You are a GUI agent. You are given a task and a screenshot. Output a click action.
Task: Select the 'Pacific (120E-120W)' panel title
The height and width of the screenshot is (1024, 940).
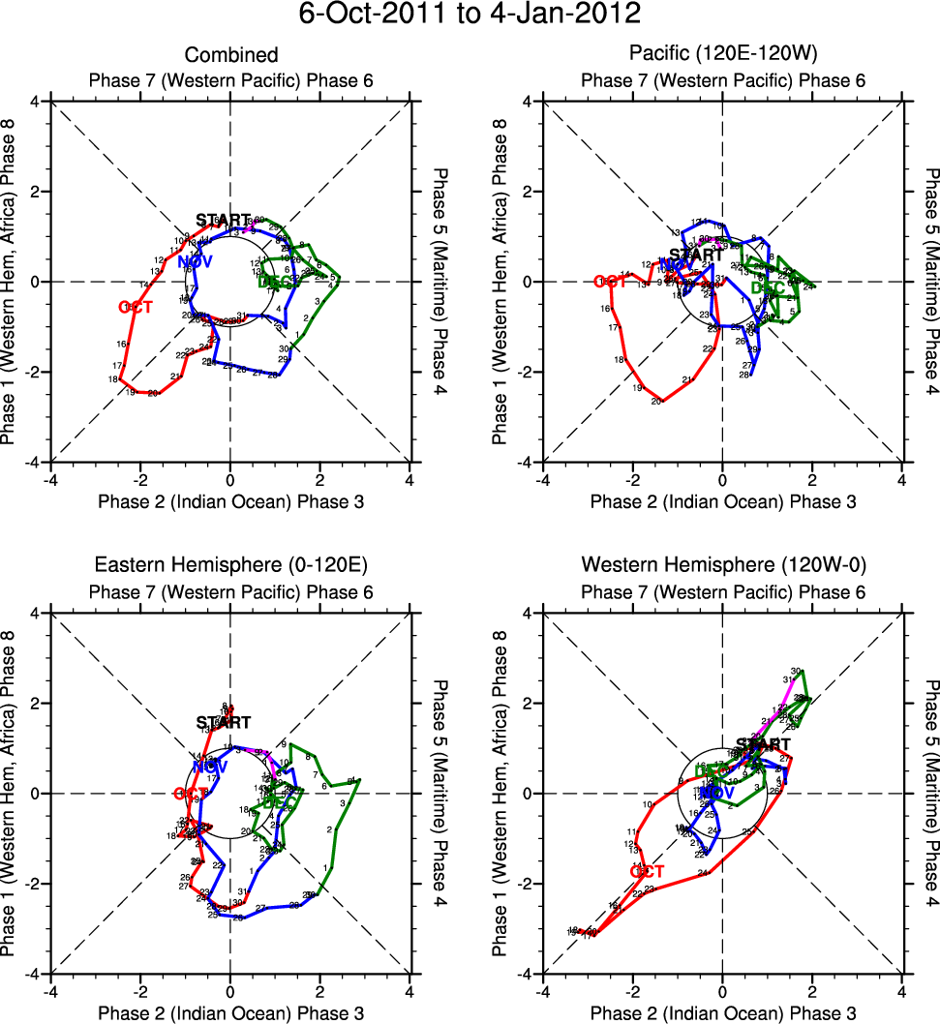722,55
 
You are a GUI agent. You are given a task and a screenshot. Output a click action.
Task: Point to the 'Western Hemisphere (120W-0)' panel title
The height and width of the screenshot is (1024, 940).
722,566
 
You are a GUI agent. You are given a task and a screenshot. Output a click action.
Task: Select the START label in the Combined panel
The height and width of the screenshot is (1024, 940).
224,221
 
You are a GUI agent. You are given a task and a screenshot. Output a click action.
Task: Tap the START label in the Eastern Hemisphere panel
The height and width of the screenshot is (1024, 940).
224,723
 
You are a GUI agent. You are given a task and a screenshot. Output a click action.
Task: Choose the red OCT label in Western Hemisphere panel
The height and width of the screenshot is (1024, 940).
647,872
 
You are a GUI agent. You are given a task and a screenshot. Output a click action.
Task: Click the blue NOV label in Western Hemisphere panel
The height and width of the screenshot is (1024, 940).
716,794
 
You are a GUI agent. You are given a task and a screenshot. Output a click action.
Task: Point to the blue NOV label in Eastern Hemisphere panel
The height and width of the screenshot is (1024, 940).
210,768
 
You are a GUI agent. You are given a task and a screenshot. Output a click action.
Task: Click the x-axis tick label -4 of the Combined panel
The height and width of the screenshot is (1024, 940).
51,479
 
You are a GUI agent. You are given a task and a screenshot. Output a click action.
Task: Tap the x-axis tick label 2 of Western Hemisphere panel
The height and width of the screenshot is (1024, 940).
812,990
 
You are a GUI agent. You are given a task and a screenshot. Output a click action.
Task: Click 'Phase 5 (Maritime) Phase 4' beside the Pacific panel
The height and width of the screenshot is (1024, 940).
931,282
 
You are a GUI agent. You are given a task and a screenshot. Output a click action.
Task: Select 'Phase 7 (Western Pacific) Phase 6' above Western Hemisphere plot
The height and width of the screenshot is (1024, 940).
722,591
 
